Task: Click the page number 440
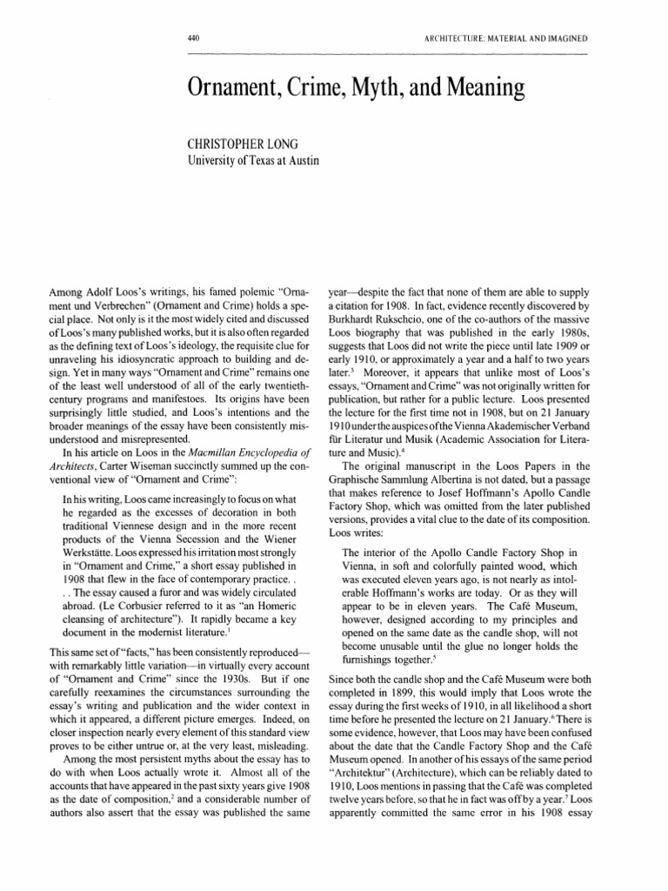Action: click(x=194, y=39)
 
